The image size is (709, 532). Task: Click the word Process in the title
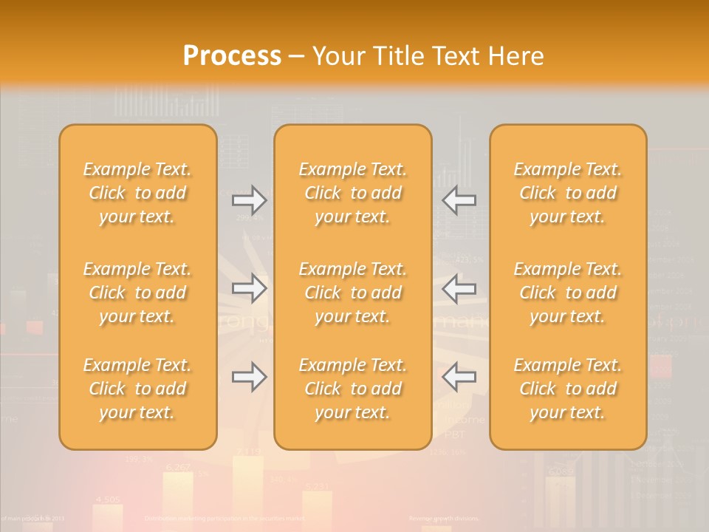232,56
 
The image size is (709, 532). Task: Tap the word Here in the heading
516,56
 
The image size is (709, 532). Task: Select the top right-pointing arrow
249,199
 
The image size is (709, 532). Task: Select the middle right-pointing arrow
249,288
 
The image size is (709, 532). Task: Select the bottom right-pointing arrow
249,377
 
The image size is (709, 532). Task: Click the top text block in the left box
137,193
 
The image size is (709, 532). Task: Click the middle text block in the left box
137,293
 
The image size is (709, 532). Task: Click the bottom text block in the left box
137,389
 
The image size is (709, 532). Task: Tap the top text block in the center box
352,193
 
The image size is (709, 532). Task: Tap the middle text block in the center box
352,293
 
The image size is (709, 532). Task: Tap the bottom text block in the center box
352,389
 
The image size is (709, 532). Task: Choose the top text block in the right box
567,193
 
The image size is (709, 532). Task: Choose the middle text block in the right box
567,293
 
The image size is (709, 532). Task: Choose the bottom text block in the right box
567,389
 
